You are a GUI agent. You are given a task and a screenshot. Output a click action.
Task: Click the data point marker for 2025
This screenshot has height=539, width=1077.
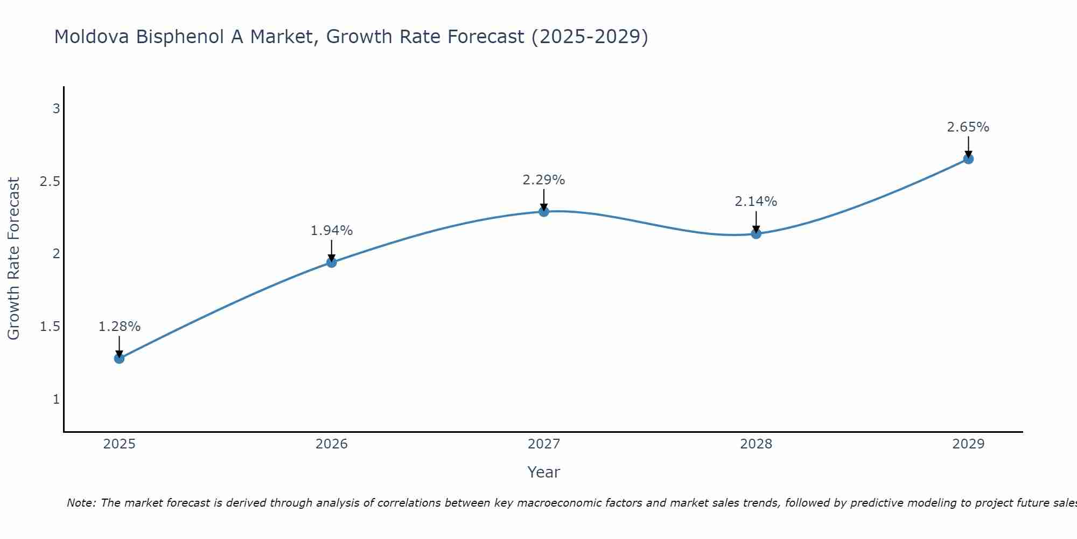pos(120,358)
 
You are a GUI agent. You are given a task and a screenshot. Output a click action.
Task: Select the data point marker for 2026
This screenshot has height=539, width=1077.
pos(332,262)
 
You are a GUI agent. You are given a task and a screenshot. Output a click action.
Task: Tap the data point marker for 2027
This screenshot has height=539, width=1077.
pos(544,212)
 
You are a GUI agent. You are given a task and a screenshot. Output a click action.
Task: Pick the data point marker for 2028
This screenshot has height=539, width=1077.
pos(756,233)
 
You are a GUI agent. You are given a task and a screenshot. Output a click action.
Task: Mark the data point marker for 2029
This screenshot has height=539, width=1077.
pos(968,159)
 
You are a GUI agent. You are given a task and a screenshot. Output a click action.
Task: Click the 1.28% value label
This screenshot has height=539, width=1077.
pos(120,327)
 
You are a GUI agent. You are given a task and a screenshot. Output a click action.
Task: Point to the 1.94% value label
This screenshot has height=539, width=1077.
pos(332,231)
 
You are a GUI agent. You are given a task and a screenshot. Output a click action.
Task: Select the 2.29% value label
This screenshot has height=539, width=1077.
pos(544,180)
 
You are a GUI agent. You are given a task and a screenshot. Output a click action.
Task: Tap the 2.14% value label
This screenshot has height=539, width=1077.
pos(756,202)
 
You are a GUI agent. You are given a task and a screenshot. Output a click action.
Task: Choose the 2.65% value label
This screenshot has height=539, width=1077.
pos(968,127)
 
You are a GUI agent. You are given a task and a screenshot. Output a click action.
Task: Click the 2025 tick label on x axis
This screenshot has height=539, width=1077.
pos(120,444)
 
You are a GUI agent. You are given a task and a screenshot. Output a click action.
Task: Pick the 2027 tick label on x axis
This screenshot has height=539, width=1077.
pos(544,444)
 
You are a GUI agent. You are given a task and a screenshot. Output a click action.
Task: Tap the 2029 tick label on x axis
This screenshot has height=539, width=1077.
pos(968,444)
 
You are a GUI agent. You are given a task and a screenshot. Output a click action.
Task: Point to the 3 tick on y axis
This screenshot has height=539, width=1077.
pos(56,109)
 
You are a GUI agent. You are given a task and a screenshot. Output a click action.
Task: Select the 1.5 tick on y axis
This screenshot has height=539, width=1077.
pos(50,327)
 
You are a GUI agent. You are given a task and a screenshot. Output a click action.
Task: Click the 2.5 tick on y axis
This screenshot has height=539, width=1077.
pos(50,182)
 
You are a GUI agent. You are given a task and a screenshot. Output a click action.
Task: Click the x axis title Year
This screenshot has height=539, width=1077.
pos(544,472)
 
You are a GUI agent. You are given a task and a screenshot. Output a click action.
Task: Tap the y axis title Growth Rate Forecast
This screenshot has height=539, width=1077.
pos(14,259)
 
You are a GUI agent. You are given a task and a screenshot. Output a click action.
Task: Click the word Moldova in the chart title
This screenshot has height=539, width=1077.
pos(92,37)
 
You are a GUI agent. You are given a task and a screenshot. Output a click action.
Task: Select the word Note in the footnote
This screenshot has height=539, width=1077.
pos(81,503)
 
